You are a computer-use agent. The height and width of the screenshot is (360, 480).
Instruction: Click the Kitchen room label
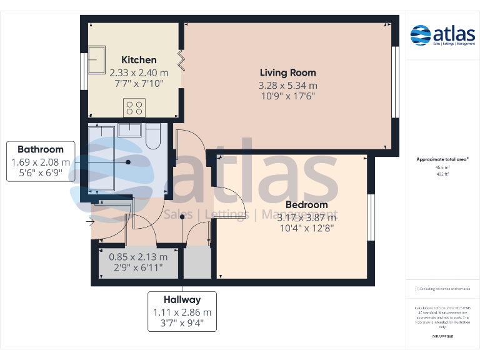(139, 60)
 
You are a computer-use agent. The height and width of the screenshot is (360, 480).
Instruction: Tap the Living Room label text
(287, 72)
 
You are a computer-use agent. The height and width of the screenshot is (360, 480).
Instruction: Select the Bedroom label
(306, 205)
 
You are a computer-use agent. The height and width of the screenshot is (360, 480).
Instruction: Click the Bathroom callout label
(41, 149)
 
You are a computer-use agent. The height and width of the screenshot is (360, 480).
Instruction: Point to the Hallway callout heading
(182, 300)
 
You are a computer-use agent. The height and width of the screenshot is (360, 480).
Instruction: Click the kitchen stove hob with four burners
(134, 107)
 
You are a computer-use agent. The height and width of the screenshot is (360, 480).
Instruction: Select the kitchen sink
(96, 60)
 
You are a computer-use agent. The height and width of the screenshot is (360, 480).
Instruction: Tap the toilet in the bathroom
(154, 136)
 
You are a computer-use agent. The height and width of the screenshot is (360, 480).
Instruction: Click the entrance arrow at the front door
(90, 221)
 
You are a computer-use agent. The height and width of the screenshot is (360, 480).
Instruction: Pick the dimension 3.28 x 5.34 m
(287, 86)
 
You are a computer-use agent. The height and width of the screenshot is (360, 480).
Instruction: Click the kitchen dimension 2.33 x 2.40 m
(139, 72)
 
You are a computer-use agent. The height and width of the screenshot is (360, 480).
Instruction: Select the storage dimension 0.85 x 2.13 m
(138, 257)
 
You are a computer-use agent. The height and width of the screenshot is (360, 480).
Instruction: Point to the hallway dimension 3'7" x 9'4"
(182, 324)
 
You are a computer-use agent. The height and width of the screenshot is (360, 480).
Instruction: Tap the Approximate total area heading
(442, 160)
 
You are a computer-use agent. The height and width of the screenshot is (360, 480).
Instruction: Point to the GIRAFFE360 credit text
(442, 337)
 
